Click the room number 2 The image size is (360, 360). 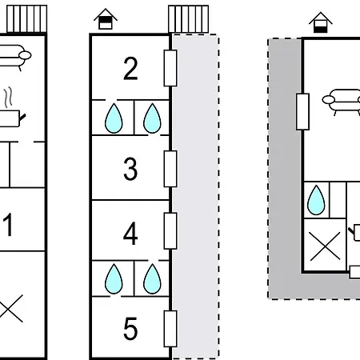click(x=130, y=69)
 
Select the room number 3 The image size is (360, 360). click(x=130, y=169)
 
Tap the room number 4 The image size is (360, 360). click(x=130, y=234)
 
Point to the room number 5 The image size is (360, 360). click(x=130, y=329)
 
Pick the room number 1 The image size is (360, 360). click(x=8, y=225)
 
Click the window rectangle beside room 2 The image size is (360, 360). click(x=170, y=68)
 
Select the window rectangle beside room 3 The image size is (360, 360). click(x=170, y=169)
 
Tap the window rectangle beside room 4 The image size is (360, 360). click(x=170, y=231)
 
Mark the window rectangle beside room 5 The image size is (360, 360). click(x=170, y=329)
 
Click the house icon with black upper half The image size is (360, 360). click(x=106, y=18)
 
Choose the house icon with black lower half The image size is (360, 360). click(x=321, y=22)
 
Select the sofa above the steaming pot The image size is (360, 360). click(x=14, y=57)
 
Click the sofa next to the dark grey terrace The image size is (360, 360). click(x=342, y=102)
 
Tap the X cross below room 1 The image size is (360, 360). click(x=10, y=308)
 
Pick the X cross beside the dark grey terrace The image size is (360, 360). click(x=326, y=246)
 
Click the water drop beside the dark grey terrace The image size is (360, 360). click(x=316, y=200)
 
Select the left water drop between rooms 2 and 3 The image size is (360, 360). click(x=114, y=118)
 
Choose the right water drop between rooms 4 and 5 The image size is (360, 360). click(x=152, y=279)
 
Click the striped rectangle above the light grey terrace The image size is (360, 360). click(x=189, y=19)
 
